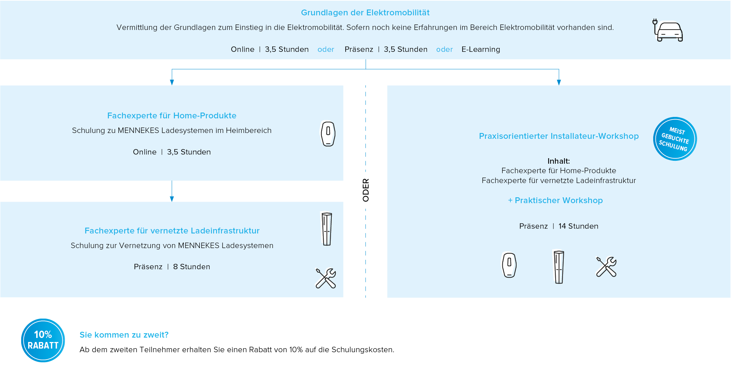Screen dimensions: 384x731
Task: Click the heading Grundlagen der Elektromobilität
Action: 365,13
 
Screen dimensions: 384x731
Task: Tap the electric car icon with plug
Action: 668,30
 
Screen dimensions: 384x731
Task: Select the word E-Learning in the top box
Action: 480,49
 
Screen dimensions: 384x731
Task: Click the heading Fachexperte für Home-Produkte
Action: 172,115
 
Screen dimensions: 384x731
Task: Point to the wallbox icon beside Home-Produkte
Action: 328,134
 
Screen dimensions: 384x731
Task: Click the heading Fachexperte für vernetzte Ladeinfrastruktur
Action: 172,231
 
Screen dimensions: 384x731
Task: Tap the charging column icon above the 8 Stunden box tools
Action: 327,229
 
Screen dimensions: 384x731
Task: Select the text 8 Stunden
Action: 191,267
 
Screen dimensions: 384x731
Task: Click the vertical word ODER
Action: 366,190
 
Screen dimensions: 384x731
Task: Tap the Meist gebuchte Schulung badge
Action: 674,139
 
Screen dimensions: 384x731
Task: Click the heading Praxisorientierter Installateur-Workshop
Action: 559,136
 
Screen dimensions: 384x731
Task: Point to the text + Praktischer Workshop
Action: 555,200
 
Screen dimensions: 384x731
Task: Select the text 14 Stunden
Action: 578,226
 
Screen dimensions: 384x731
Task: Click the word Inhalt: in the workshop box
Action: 559,161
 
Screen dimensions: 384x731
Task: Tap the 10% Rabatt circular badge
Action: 43,340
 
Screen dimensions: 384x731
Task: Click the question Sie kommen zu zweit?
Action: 124,335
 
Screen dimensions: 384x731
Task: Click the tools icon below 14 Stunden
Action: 606,267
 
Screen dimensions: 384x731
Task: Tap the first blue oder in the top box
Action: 325,49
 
